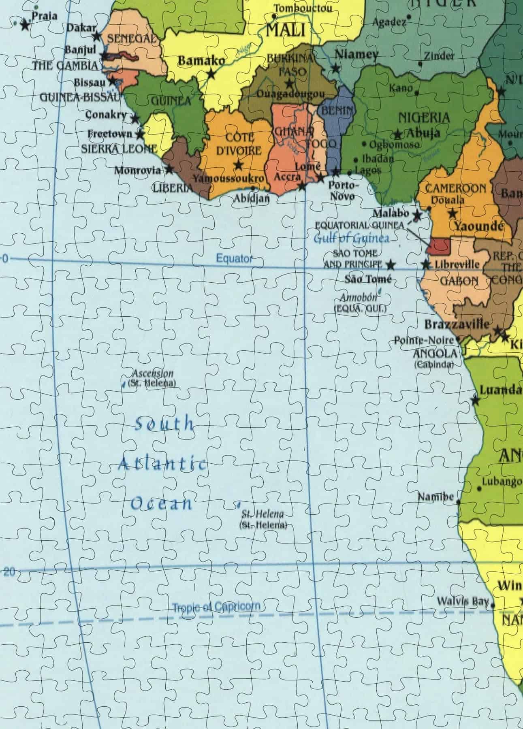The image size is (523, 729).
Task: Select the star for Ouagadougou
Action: click(x=289, y=84)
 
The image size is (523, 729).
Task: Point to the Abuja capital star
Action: click(x=398, y=134)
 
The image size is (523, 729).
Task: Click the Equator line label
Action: click(x=234, y=258)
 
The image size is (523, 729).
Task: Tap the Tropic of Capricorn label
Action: click(x=216, y=606)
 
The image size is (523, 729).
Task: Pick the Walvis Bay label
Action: click(x=462, y=601)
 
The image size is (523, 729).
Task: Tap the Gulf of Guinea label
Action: click(x=351, y=238)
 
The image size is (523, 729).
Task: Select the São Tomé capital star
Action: click(x=390, y=265)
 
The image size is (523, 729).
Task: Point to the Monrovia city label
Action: click(x=137, y=170)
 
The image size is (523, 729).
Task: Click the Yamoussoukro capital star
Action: click(x=239, y=165)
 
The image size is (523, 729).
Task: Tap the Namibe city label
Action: click(x=435, y=497)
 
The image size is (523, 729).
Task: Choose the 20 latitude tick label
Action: click(x=9, y=572)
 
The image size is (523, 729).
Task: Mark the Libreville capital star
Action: click(x=426, y=265)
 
